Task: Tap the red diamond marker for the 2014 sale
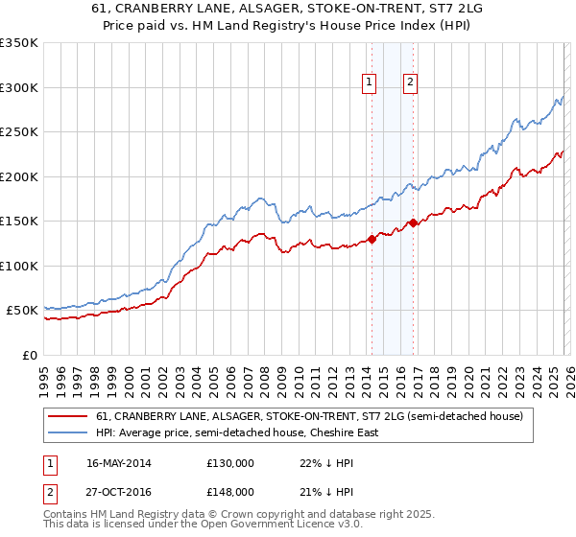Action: tap(372, 240)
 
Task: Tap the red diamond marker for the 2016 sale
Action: tap(413, 223)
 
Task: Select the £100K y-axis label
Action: tap(19, 266)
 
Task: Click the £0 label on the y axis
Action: tap(29, 355)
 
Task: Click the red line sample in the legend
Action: tap(69, 417)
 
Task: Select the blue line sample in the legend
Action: tap(69, 432)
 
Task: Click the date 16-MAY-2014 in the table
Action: tap(118, 463)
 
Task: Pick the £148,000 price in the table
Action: tap(229, 492)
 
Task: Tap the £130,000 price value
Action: tap(229, 463)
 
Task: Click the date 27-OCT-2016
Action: tap(118, 492)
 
